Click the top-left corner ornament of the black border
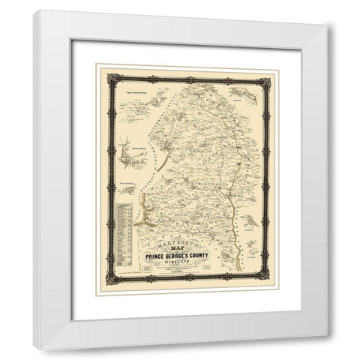coord(113,78)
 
